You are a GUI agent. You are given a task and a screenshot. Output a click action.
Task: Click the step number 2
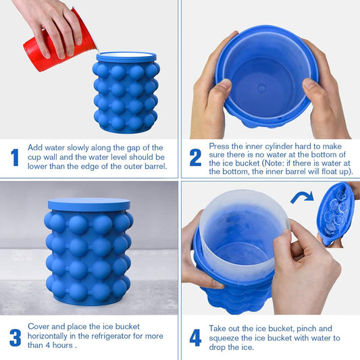pyautogui.click(x=195, y=157)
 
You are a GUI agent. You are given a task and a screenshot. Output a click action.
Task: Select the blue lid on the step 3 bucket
pyautogui.click(x=88, y=204)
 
